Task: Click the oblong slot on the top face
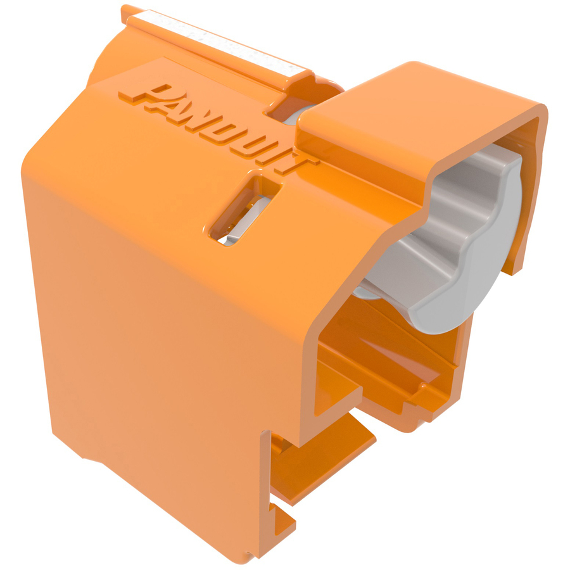(x=244, y=210)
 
